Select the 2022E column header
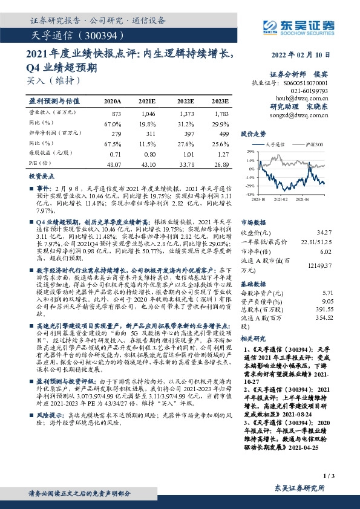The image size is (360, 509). pos(187,101)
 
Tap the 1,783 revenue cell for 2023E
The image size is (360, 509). pos(221,114)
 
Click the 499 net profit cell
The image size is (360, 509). pos(223,133)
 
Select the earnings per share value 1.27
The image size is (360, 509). pos(223,154)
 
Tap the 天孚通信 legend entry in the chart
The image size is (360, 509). pos(277,145)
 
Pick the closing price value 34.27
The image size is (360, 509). pos(324,232)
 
